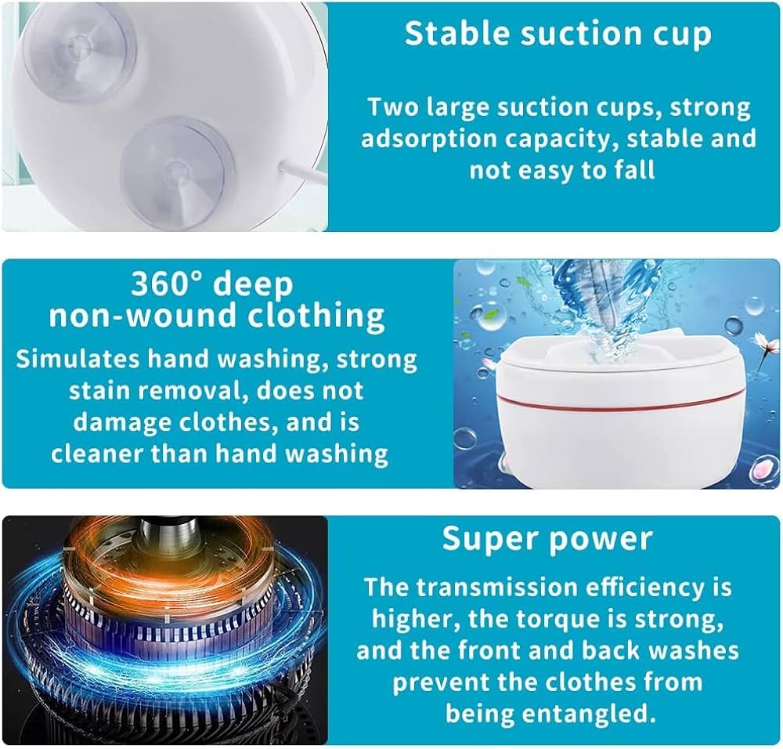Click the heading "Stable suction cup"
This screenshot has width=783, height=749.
pos(558,33)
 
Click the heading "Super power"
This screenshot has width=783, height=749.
pos(547,538)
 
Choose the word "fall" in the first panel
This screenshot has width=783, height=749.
pos(633,170)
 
